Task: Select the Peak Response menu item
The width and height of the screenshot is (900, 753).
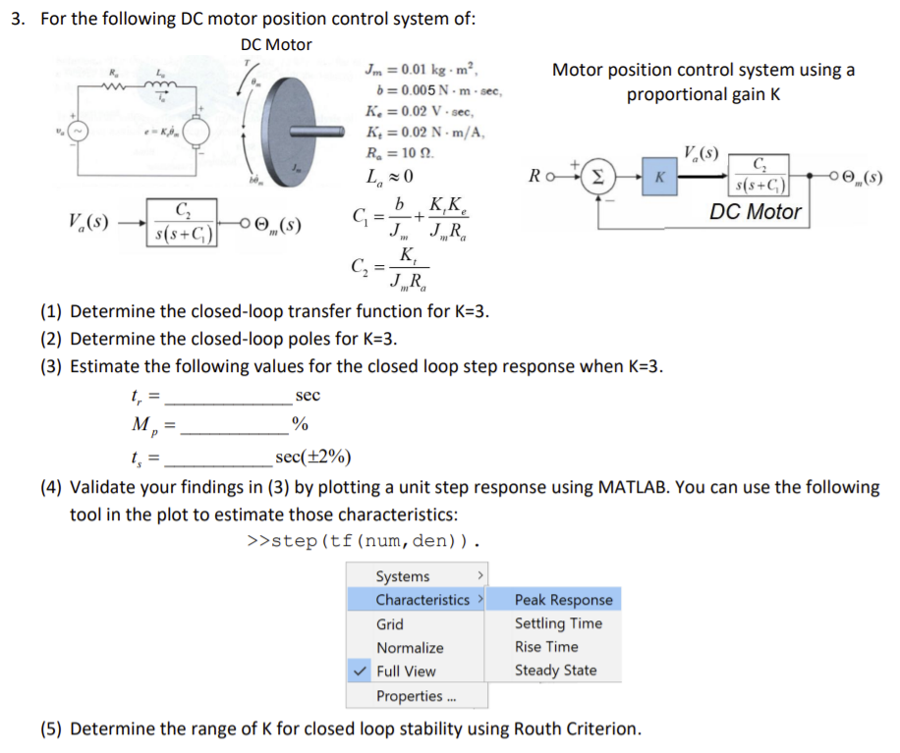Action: coord(563,600)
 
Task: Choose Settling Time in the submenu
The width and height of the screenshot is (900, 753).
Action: coord(558,623)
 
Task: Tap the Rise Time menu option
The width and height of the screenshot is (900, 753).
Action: coord(546,647)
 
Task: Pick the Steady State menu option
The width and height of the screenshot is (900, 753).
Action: coord(555,671)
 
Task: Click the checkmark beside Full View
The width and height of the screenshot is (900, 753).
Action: coord(361,672)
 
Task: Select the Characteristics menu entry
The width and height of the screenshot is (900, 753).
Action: coord(422,600)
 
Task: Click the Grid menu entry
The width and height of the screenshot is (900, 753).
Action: coord(390,624)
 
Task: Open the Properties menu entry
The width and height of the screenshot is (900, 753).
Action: coord(410,696)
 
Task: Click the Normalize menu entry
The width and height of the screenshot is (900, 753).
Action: coord(410,648)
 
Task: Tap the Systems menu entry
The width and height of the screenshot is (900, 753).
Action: coord(403,576)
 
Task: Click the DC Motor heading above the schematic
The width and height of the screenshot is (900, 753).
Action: coord(276,44)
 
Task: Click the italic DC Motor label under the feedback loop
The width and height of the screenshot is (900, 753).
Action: coord(756,211)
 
